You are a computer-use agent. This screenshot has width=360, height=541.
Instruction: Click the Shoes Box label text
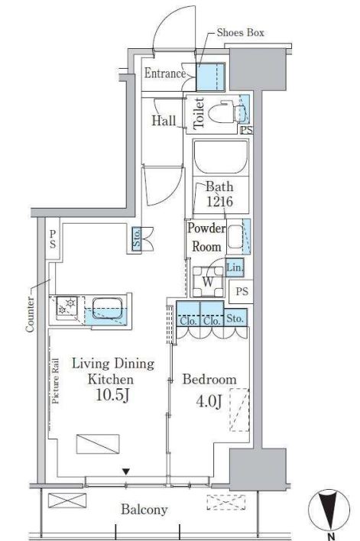click(240, 33)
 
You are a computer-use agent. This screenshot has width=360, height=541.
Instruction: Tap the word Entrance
click(164, 73)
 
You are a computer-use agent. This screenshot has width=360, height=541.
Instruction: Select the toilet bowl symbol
click(226, 112)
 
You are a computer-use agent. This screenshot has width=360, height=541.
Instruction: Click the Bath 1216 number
click(219, 201)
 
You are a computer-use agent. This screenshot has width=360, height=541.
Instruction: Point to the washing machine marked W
click(208, 281)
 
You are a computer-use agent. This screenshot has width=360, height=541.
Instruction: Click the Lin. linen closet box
click(235, 267)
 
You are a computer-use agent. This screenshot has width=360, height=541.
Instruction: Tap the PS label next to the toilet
click(246, 130)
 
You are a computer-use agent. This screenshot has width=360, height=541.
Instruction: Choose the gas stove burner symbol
click(67, 306)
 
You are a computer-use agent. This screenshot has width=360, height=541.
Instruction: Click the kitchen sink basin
click(107, 308)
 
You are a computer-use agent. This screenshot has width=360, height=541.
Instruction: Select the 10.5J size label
click(112, 395)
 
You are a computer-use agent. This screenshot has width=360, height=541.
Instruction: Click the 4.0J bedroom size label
click(209, 401)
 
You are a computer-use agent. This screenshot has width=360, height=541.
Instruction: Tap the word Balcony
click(144, 510)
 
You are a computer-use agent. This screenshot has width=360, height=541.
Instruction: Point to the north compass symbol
click(329, 510)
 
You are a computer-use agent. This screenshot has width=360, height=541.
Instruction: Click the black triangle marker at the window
click(126, 471)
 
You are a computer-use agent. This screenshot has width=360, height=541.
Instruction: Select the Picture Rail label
click(55, 381)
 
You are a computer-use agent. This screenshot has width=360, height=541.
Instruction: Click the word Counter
click(30, 314)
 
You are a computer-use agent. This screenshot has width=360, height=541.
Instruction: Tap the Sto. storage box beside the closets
click(235, 318)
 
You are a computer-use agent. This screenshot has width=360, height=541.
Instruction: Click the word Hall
click(164, 121)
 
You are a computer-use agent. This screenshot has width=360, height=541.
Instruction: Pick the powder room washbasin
click(235, 237)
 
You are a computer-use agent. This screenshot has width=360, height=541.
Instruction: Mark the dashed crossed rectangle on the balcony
click(226, 502)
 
